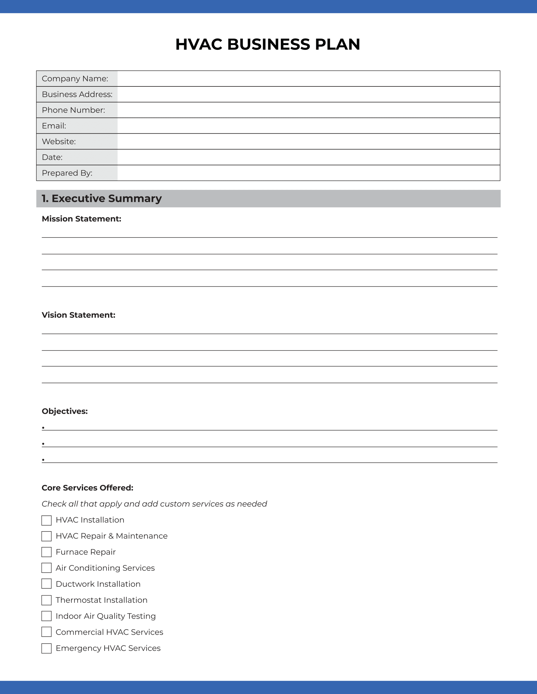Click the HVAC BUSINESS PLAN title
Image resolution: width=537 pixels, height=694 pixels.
click(x=268, y=44)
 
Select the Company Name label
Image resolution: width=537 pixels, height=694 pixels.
click(x=75, y=79)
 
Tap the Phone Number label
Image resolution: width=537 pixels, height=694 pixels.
click(x=73, y=110)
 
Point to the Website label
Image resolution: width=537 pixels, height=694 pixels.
click(x=58, y=141)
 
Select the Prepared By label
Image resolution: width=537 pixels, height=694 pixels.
click(x=67, y=173)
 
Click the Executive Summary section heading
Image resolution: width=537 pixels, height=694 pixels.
click(x=102, y=198)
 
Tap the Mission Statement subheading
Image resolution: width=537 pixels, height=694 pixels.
click(x=81, y=219)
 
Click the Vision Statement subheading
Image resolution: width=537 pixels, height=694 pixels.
click(x=79, y=315)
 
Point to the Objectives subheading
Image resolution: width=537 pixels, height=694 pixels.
click(x=64, y=411)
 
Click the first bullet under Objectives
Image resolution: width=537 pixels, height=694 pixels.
click(x=43, y=428)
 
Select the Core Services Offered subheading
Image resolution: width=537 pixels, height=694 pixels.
click(x=87, y=488)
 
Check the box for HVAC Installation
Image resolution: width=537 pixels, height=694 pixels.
click(x=46, y=520)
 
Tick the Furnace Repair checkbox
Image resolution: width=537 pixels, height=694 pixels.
click(x=46, y=552)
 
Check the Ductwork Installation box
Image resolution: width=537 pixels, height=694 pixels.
click(x=46, y=584)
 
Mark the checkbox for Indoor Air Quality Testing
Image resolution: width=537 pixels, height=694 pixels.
click(x=46, y=616)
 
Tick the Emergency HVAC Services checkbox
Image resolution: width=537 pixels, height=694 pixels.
click(x=46, y=648)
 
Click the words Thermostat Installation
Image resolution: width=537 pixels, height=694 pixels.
click(x=101, y=600)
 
